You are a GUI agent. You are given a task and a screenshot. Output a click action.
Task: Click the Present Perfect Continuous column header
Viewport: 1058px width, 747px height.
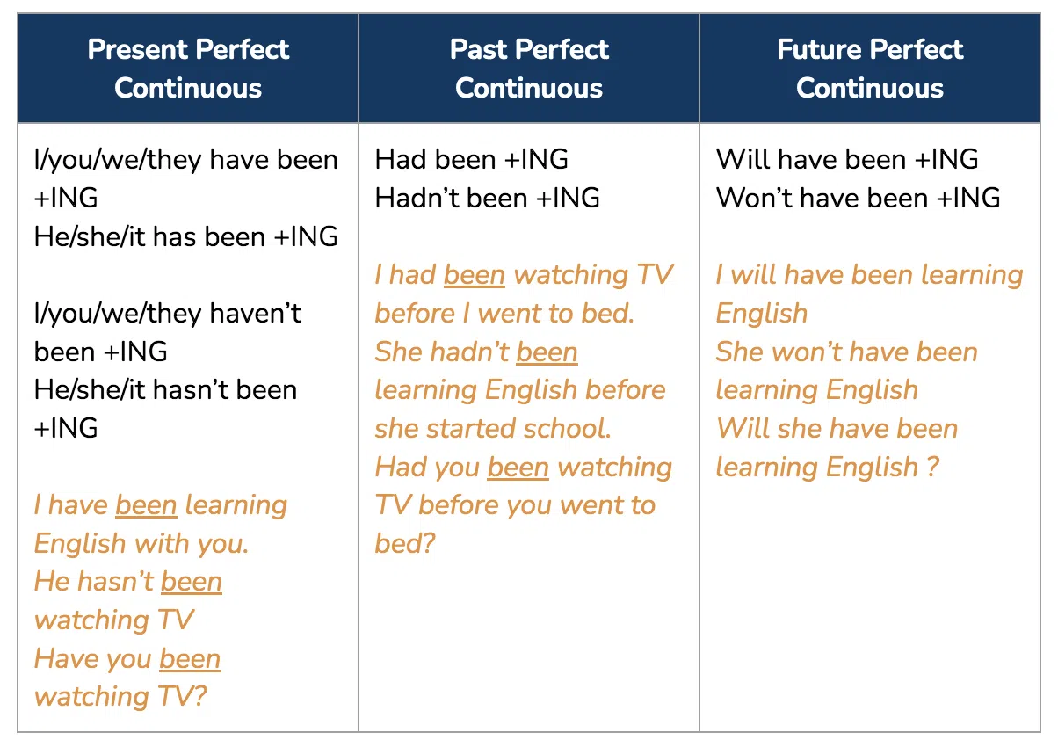[x=188, y=69]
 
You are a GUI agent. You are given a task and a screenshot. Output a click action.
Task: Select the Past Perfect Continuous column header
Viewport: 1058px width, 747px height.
[x=529, y=69]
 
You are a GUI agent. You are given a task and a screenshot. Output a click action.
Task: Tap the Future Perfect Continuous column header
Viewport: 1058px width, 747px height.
[x=870, y=69]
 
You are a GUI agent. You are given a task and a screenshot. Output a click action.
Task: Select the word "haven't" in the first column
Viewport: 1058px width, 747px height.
[x=255, y=313]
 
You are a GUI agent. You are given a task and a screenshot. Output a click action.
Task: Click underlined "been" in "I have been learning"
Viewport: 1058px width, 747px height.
[x=146, y=505]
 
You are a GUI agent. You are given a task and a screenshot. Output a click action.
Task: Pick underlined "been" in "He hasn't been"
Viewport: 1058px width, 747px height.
[x=192, y=582]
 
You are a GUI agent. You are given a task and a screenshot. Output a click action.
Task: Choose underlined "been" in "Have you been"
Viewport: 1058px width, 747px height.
[x=190, y=659]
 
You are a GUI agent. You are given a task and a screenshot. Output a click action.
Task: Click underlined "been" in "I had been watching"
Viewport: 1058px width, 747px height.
[x=475, y=275]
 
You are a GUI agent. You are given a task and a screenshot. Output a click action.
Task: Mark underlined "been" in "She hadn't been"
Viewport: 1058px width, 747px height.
[x=547, y=352]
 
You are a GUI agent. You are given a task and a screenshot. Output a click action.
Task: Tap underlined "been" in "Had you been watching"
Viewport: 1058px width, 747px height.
[x=518, y=468]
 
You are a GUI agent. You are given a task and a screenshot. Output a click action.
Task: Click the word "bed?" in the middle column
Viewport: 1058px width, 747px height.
[x=405, y=543]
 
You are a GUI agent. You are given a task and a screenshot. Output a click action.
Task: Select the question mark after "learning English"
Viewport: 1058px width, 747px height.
[x=932, y=467]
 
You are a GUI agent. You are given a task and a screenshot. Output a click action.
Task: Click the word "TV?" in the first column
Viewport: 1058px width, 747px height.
[x=182, y=696]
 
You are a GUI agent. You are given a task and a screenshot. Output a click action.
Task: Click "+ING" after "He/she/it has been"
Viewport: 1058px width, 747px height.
[x=306, y=236]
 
